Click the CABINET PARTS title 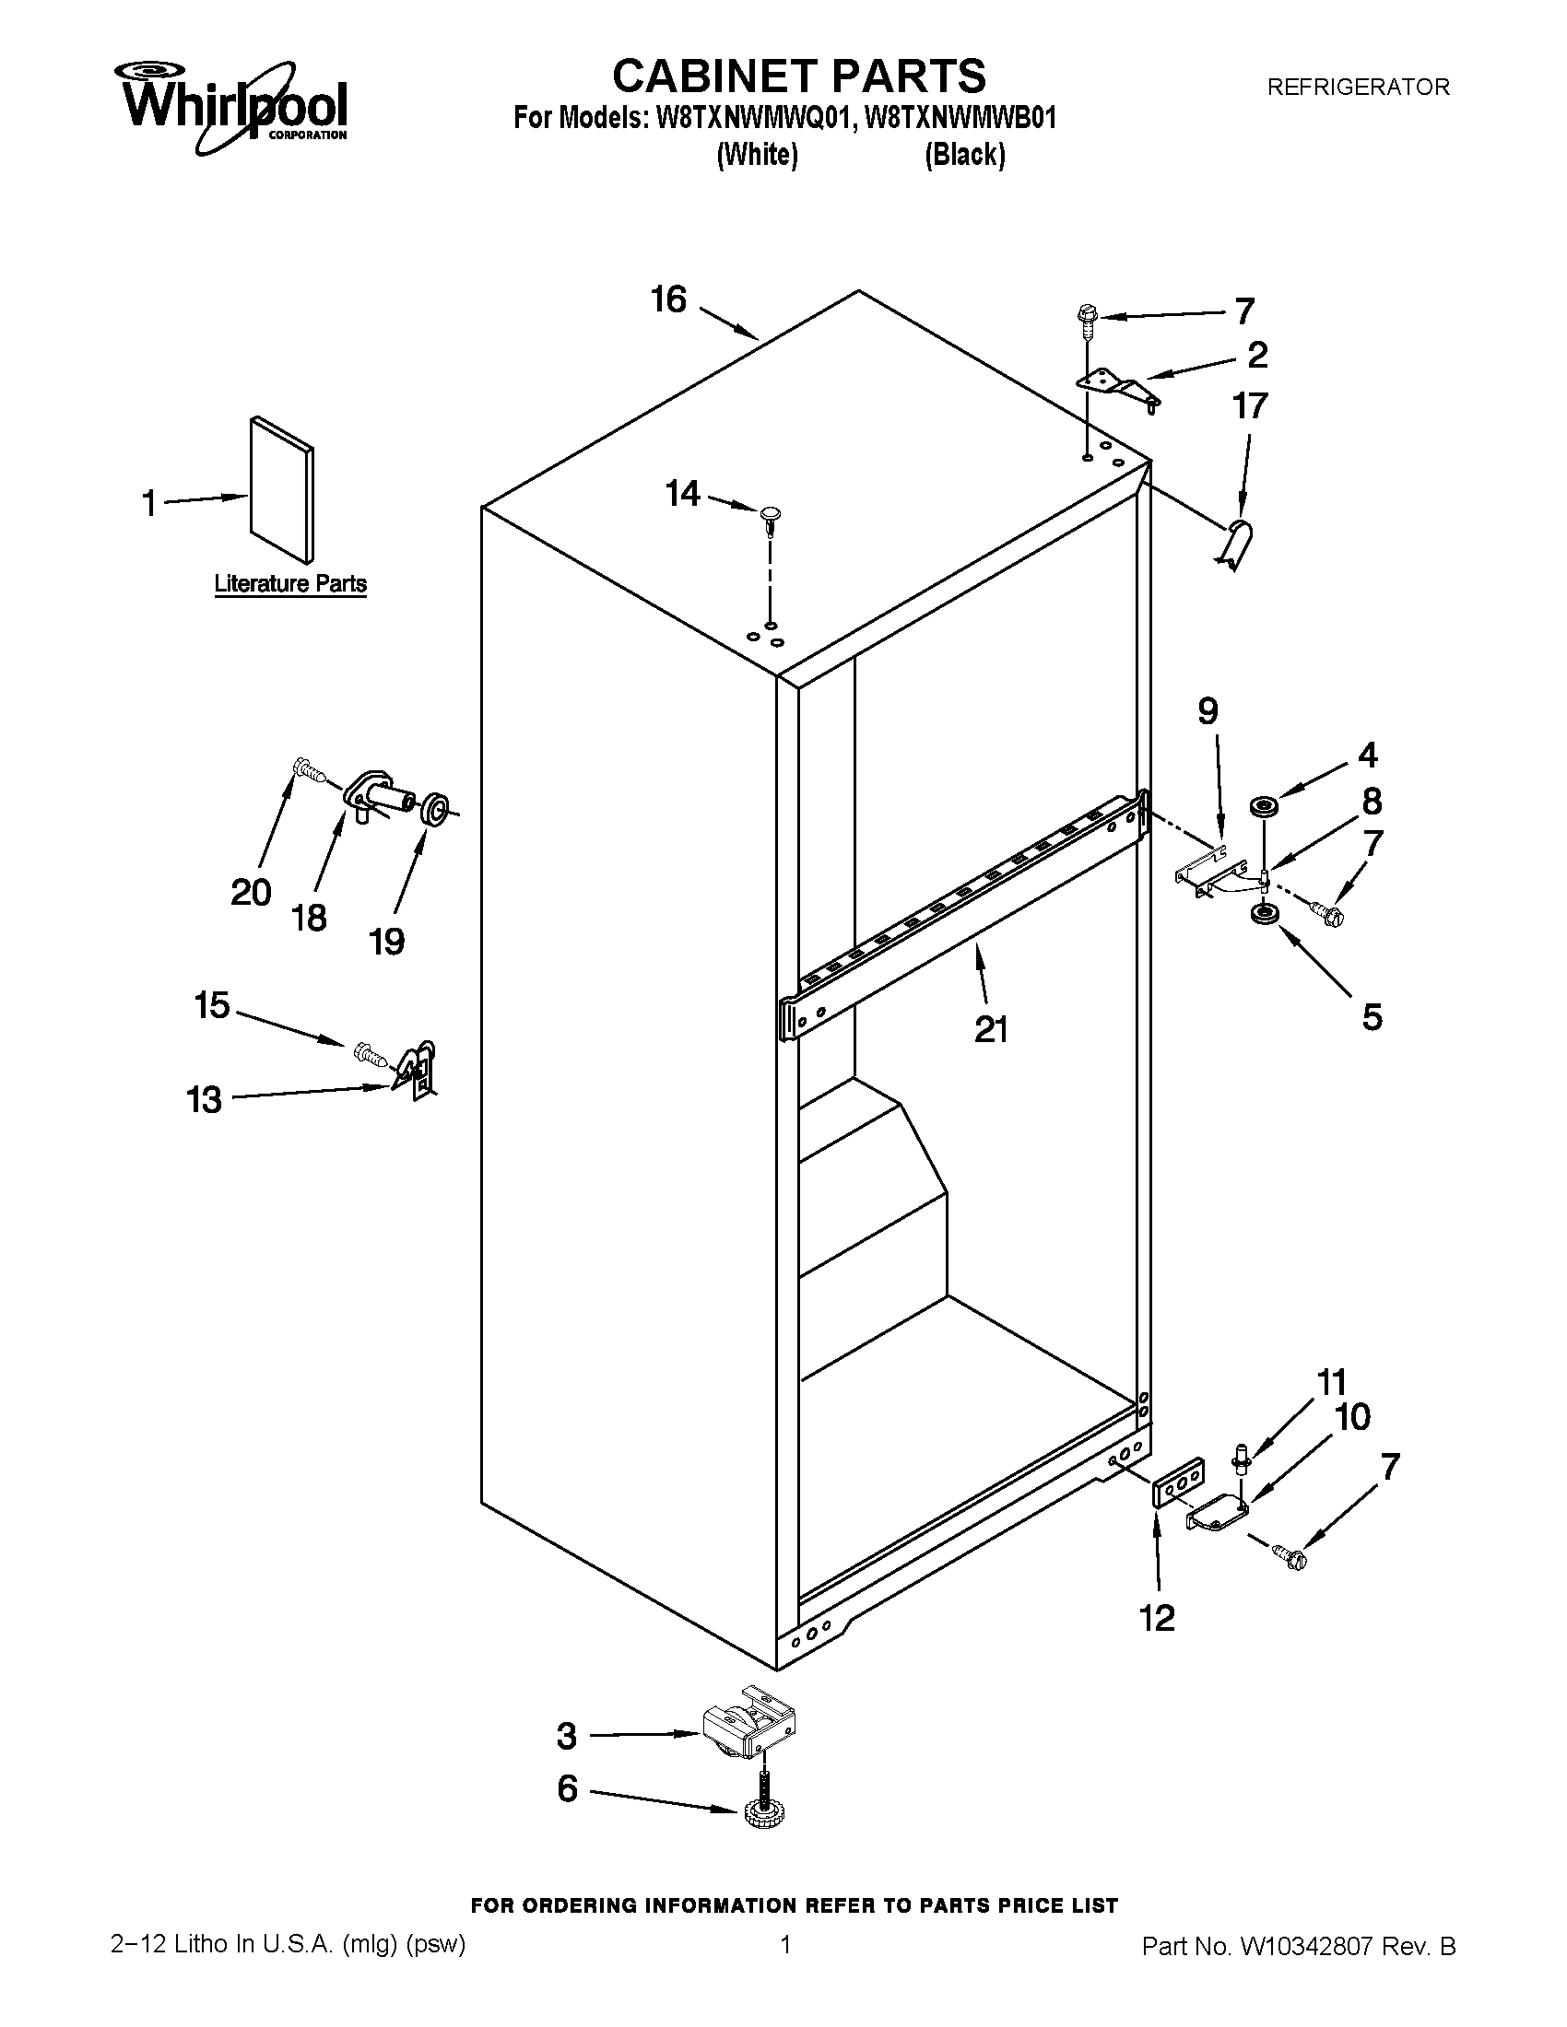[798, 76]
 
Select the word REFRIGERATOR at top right [1357, 88]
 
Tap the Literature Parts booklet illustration [281, 490]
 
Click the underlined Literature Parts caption [289, 584]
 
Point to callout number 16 [668, 299]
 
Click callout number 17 [1250, 406]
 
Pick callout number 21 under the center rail [991, 1029]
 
